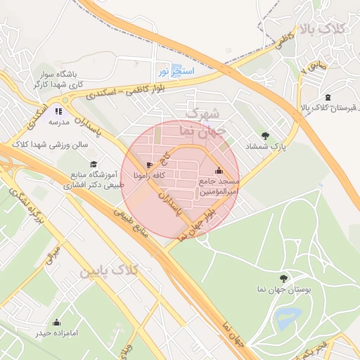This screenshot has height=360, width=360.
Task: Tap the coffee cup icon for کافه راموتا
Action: [x=150, y=165]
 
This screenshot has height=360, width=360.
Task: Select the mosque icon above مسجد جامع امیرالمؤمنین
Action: [x=219, y=170]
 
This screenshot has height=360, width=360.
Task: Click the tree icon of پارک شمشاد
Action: [x=265, y=136]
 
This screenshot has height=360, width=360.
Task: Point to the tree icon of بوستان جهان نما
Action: [x=283, y=278]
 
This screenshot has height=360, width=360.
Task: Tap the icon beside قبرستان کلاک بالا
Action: [x=328, y=96]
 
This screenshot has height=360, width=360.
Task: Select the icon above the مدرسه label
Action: [x=58, y=110]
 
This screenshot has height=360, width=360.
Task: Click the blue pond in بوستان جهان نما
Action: [x=288, y=318]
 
